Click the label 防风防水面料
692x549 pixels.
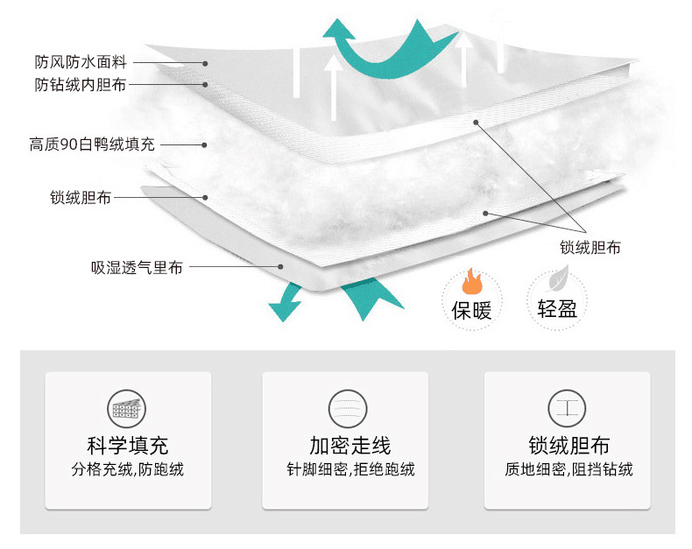[81, 63]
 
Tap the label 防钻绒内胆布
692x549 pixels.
[81, 85]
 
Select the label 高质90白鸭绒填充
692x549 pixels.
[92, 144]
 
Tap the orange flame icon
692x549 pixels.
[471, 282]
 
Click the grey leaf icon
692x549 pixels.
[556, 281]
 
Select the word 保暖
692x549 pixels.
[471, 309]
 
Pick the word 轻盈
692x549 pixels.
[556, 309]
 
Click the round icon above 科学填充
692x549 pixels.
[128, 409]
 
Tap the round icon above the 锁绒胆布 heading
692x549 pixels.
[565, 409]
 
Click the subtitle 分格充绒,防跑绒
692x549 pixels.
[128, 470]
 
